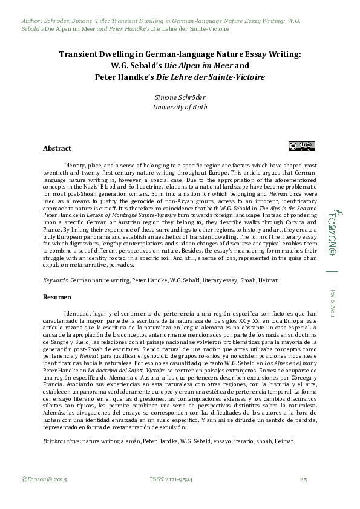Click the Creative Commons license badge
(x=301, y=145)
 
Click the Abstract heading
(x=57, y=148)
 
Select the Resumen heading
(x=57, y=297)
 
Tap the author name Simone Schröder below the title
(x=180, y=97)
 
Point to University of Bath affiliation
(x=180, y=107)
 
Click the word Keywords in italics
(x=55, y=281)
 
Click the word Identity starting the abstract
(x=75, y=164)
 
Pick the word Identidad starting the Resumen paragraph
(x=77, y=314)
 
